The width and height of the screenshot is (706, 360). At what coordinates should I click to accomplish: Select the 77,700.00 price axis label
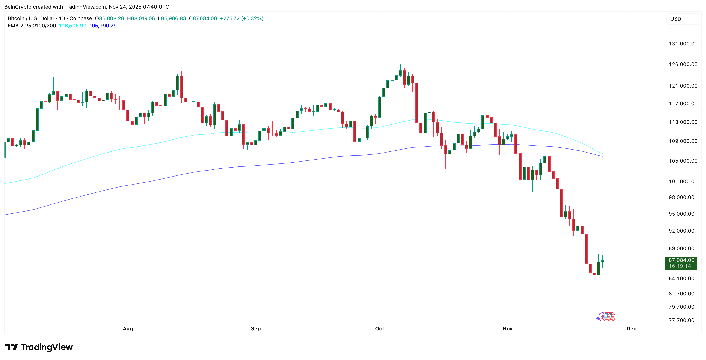click(681, 320)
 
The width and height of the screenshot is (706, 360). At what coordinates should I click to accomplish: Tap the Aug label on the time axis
click(128, 328)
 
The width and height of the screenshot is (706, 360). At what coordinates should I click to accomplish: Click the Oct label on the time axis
click(379, 328)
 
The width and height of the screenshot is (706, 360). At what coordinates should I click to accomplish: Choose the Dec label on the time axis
click(631, 328)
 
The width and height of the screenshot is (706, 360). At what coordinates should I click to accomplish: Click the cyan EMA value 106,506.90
click(73, 26)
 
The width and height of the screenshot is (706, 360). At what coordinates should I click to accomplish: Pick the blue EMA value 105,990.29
click(103, 26)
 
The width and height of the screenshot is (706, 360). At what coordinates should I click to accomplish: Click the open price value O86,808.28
click(109, 18)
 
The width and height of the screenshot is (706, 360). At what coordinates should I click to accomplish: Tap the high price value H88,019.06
click(141, 18)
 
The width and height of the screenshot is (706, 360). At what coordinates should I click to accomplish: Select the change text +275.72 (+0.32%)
click(241, 18)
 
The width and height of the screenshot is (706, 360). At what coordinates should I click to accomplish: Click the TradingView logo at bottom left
click(39, 347)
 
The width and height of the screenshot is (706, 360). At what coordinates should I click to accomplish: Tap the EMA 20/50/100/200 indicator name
click(32, 26)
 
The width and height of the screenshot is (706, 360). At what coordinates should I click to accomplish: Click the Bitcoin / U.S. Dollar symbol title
click(31, 18)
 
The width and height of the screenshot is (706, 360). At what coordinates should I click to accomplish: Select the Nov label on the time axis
click(507, 328)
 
